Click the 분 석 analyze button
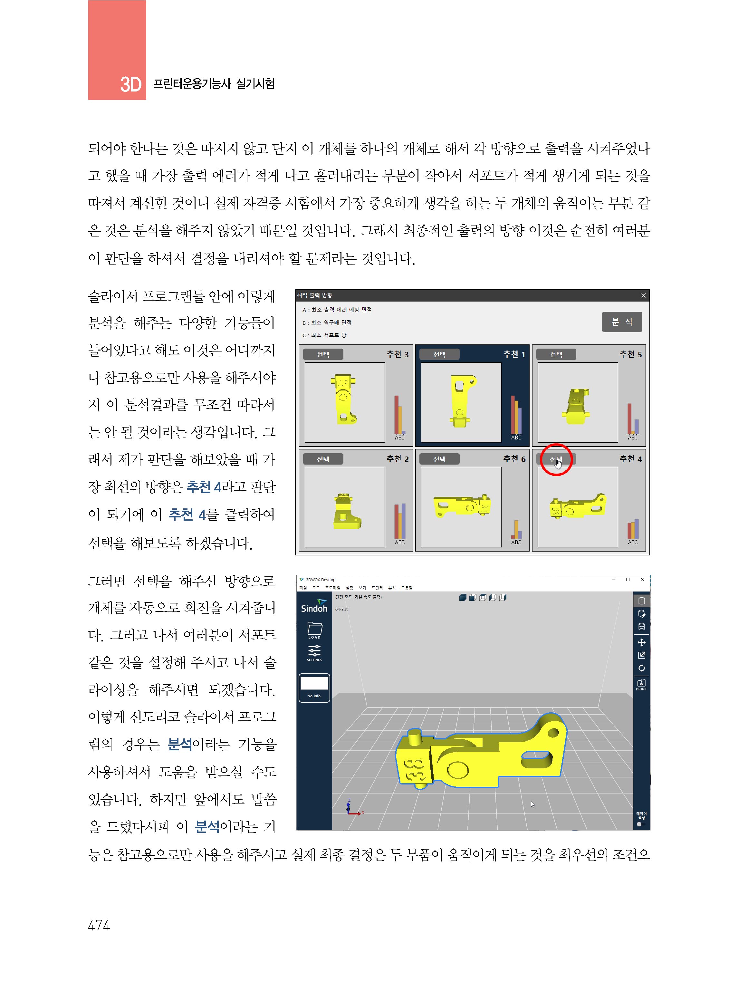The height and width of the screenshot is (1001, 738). [x=621, y=322]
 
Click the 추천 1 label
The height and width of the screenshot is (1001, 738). [x=514, y=354]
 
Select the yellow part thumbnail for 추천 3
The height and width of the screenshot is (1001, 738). [x=344, y=399]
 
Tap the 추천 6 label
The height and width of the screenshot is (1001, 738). [x=514, y=459]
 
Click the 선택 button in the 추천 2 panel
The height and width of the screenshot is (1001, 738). [x=323, y=459]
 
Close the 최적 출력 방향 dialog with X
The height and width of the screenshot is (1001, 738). [x=643, y=295]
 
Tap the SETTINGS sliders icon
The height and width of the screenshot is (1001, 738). [x=314, y=652]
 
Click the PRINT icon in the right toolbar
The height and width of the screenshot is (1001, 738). [x=641, y=684]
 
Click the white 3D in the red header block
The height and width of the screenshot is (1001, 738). [x=130, y=84]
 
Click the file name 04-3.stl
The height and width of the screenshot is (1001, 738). [x=342, y=609]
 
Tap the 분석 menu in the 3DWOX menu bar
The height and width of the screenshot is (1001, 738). [x=392, y=588]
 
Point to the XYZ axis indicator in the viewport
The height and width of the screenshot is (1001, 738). [x=352, y=808]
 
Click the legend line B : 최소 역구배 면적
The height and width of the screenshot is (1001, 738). [x=327, y=322]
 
